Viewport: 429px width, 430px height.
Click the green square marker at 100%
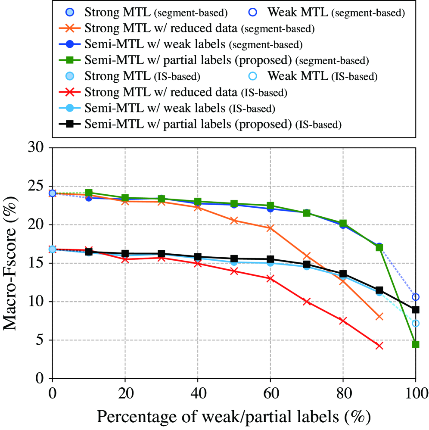point(416,344)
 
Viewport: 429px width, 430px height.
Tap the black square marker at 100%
point(416,309)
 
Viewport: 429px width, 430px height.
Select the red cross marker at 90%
point(379,346)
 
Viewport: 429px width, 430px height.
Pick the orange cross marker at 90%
point(379,317)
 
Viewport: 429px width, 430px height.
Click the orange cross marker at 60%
point(270,228)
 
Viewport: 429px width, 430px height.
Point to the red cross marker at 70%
point(306,302)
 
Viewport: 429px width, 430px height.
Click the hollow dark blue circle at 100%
point(416,297)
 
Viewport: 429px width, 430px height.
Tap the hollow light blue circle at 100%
point(416,323)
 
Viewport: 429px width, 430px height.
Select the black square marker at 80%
point(343,274)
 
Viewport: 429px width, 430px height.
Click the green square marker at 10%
point(89,193)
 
